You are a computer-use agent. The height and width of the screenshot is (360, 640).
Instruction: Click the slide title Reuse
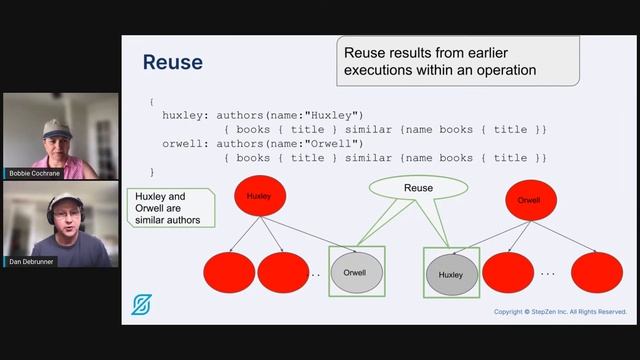(172, 62)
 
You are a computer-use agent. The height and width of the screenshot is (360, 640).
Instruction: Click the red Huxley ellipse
(259, 197)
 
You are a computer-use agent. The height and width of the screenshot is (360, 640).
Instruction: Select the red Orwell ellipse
(529, 200)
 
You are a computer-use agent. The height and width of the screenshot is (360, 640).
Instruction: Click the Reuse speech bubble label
(418, 187)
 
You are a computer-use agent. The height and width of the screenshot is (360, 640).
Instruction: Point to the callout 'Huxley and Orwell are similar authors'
(171, 208)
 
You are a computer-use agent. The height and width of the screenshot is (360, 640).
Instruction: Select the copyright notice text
(560, 312)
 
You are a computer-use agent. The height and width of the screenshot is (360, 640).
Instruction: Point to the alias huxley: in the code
(187, 115)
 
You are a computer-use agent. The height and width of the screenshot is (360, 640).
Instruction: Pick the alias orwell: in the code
(187, 143)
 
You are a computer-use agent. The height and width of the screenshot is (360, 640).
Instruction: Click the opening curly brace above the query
(152, 101)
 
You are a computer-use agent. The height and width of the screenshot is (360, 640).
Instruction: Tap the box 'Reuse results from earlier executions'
(457, 60)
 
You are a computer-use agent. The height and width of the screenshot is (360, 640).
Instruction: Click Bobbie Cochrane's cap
(56, 125)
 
